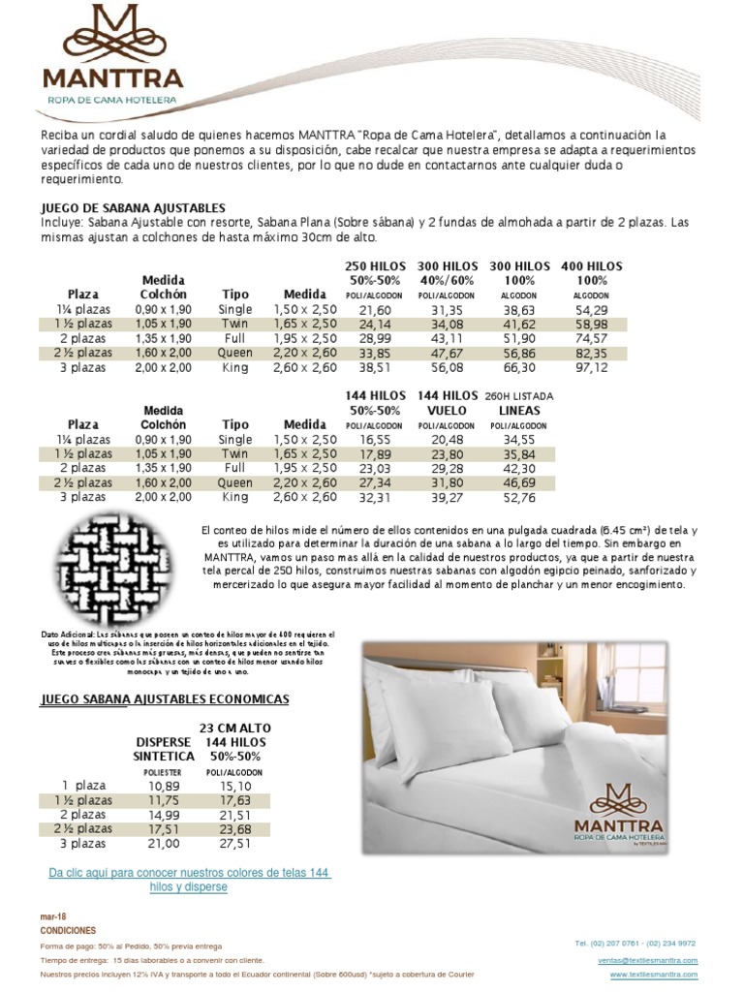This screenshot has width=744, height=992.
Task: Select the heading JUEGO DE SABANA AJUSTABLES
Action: [x=133, y=207]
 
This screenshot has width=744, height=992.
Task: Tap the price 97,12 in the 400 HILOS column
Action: [x=590, y=368]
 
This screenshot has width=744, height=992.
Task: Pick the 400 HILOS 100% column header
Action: [x=590, y=272]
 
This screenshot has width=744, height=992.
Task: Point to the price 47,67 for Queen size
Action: [x=446, y=354]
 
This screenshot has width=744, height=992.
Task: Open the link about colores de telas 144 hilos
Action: [x=189, y=880]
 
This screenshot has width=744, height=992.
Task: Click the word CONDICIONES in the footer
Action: [x=68, y=930]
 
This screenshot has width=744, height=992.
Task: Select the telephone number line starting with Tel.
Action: [x=635, y=943]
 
